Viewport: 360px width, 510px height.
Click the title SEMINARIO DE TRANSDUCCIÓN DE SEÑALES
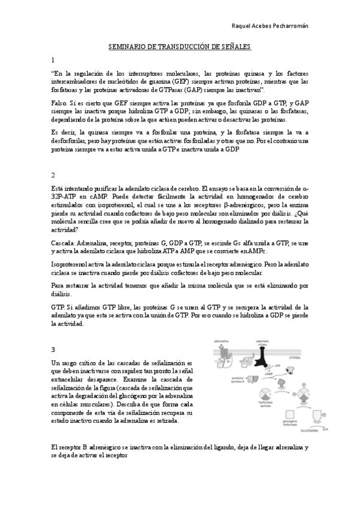pyautogui.click(x=179, y=46)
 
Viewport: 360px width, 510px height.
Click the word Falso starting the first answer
pyautogui.click(x=59, y=103)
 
